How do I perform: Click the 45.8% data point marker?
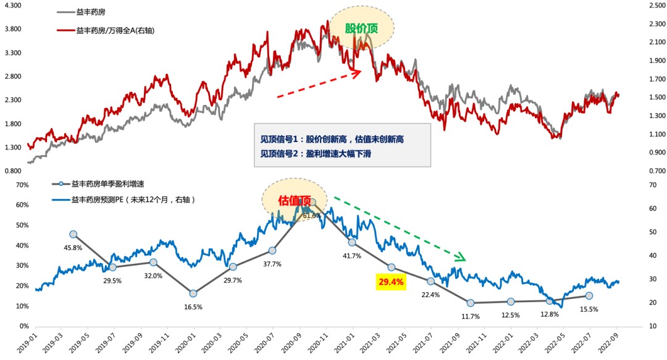click(73, 234)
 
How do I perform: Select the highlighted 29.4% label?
click(391, 282)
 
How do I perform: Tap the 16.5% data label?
click(193, 306)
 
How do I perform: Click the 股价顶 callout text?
click(361, 28)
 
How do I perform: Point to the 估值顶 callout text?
click(294, 200)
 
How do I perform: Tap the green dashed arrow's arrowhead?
click(460, 257)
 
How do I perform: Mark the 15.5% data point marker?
click(589, 296)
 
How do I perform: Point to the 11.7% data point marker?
click(471, 303)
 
